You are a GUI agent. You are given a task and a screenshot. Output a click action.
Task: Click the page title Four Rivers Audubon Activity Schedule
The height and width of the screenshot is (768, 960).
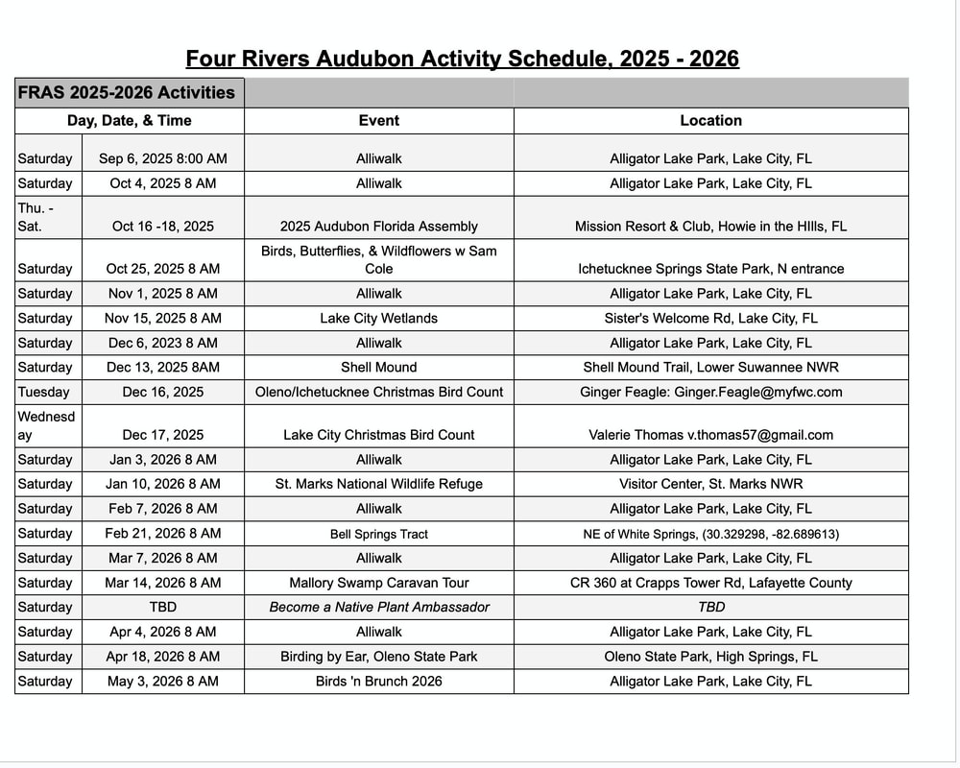click(462, 59)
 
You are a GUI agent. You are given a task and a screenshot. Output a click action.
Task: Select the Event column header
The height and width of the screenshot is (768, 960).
click(378, 121)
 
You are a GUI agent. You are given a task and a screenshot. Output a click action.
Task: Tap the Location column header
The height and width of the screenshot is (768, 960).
click(710, 121)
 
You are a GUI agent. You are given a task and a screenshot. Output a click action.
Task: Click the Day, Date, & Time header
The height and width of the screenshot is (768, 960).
click(129, 121)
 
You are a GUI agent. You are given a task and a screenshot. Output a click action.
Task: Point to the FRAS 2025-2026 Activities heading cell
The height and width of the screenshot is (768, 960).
click(126, 93)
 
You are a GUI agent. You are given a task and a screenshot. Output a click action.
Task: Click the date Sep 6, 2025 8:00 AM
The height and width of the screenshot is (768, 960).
click(162, 158)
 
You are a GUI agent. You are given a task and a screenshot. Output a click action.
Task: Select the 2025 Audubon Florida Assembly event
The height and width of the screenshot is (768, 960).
click(378, 227)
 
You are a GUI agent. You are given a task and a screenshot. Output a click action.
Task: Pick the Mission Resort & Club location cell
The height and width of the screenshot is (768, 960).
click(710, 227)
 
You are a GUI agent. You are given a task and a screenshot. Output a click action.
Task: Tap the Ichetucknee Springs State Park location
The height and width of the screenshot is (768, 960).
click(710, 269)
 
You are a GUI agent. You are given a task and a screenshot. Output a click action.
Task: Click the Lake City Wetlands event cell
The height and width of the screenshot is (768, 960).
click(378, 318)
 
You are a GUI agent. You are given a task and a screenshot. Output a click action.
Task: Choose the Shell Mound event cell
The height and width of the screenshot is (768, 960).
click(378, 367)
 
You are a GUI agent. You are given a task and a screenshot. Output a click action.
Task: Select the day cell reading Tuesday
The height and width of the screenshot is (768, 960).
click(43, 392)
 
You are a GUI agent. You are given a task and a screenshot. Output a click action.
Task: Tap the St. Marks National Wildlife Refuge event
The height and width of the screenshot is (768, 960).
click(378, 484)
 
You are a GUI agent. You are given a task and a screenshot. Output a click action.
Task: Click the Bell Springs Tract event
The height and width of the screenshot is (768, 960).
click(378, 534)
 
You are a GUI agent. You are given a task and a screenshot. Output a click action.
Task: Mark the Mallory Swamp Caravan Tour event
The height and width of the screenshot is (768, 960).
click(378, 583)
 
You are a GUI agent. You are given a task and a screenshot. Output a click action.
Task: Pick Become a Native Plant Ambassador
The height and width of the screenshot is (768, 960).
click(378, 607)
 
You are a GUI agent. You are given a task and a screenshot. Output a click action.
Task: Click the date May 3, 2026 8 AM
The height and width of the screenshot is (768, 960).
click(162, 682)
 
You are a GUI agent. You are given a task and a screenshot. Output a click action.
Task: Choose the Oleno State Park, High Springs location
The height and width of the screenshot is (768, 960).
click(710, 657)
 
